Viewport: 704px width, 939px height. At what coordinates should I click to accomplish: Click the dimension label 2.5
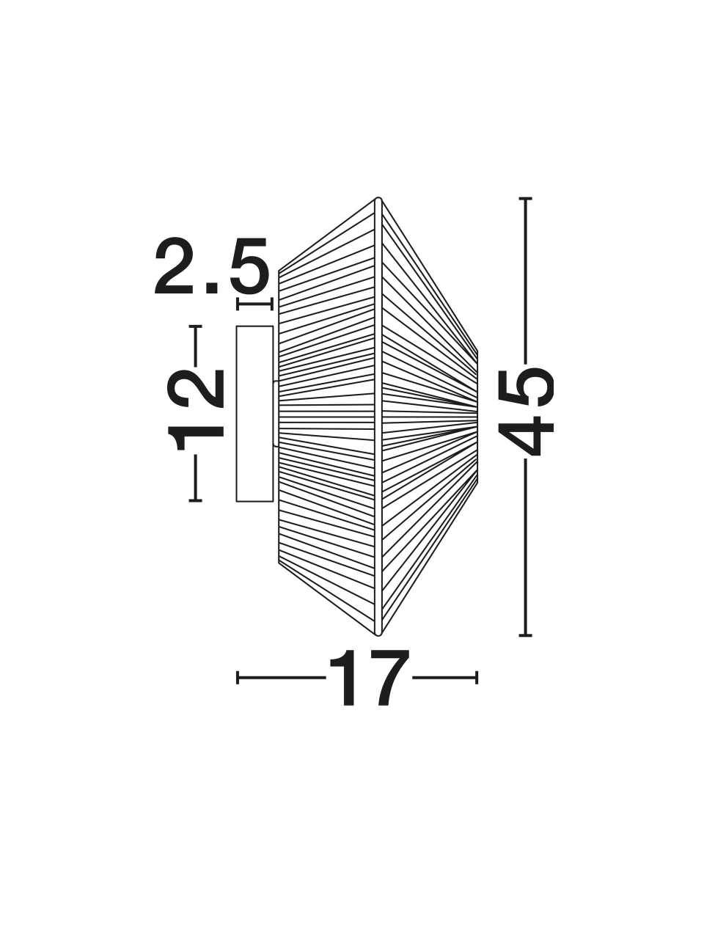[x=212, y=266]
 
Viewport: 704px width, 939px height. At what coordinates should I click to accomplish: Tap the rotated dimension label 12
[x=196, y=409]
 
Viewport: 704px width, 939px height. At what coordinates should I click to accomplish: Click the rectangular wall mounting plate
[x=254, y=414]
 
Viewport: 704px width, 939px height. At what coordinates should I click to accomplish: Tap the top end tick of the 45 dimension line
[x=525, y=199]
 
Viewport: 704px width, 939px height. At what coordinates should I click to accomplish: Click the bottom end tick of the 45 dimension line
[x=525, y=648]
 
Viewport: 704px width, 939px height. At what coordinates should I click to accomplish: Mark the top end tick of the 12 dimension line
[x=195, y=327]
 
